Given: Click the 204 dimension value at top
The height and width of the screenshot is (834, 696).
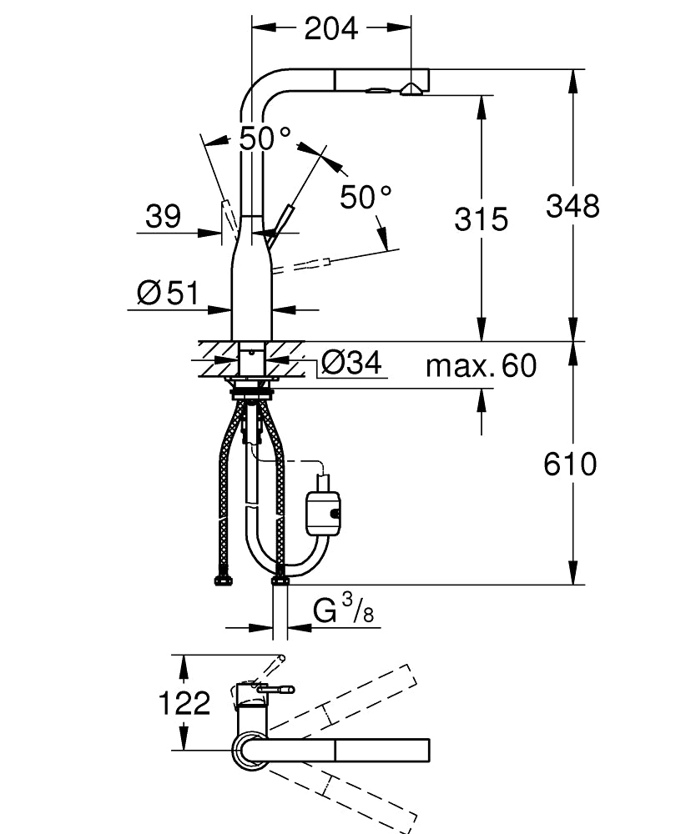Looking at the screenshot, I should point(330,28).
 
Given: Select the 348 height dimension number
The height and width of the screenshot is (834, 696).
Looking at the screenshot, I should point(572,205).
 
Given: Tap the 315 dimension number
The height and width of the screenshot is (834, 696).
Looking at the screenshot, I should point(481,219).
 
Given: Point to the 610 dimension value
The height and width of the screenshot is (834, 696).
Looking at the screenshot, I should point(571,464).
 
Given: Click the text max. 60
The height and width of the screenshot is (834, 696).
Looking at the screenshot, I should point(481,365).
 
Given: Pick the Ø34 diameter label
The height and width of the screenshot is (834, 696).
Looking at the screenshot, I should point(351,363).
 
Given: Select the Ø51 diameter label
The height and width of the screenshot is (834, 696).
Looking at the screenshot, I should point(168,293).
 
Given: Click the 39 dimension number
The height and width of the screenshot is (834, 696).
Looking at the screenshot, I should point(163,217).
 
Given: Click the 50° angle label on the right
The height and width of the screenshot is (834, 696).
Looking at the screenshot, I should point(366,197).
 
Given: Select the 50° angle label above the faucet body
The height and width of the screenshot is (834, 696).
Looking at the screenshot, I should point(265,138).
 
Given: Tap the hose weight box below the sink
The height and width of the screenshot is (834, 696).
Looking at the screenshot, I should point(322,510).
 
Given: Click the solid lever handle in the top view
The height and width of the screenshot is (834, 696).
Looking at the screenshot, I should point(275,689).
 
